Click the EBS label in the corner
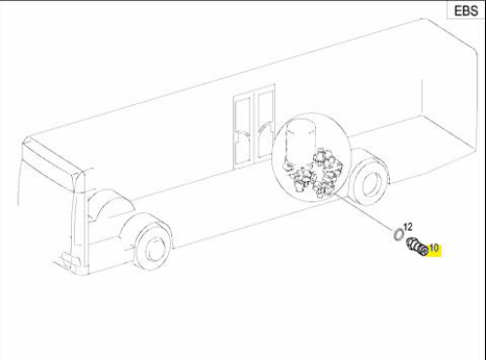pyautogui.click(x=466, y=11)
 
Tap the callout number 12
pyautogui.click(x=407, y=227)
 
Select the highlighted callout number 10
pyautogui.click(x=434, y=248)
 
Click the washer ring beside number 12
pyautogui.click(x=399, y=234)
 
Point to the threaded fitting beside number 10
pyautogui.click(x=417, y=247)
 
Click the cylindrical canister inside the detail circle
pyautogui.click(x=301, y=139)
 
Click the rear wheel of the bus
pyautogui.click(x=370, y=182)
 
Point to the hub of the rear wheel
pyautogui.click(x=372, y=184)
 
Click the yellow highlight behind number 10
pyautogui.click(x=434, y=250)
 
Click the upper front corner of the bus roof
pyautogui.click(x=25, y=140)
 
